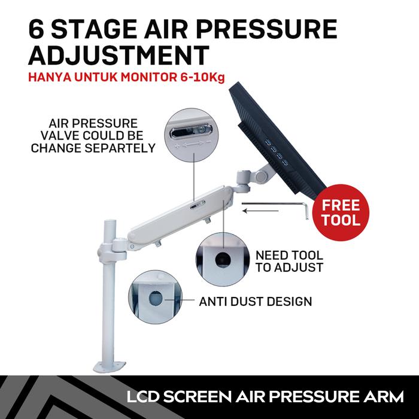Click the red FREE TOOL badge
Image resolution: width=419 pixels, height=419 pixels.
click(341, 212)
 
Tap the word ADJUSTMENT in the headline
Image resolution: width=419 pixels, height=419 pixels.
click(119, 56)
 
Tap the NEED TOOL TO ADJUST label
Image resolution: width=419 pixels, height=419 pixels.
click(289, 262)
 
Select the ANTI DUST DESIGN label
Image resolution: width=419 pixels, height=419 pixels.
click(256, 302)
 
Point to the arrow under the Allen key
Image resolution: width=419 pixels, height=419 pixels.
click(260, 211)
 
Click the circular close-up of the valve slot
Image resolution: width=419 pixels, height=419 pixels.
click(192, 135)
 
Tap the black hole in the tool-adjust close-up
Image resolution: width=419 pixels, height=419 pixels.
click(223, 260)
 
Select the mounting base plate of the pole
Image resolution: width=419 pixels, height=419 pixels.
click(110, 366)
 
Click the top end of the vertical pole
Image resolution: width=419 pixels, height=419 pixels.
click(110, 221)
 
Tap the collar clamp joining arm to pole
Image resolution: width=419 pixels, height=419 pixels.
click(113, 248)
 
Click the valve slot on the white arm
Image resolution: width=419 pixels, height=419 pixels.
click(198, 205)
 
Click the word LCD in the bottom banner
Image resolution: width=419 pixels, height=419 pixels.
click(143, 396)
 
